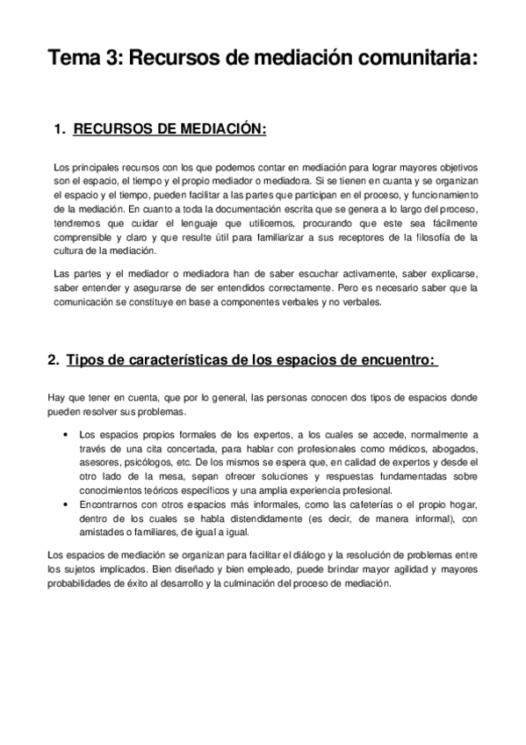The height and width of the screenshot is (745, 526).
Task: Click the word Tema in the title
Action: pyautogui.click(x=73, y=59)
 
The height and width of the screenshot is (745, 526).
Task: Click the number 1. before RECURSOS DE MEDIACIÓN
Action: pyautogui.click(x=61, y=130)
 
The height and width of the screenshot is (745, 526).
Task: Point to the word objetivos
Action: pyautogui.click(x=451, y=166)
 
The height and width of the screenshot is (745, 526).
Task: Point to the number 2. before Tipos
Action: pyautogui.click(x=54, y=360)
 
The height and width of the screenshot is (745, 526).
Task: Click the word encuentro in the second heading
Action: pyautogui.click(x=389, y=360)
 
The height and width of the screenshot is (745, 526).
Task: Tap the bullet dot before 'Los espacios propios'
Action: pyautogui.click(x=68, y=434)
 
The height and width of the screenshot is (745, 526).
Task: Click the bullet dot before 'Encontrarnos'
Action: pyautogui.click(x=68, y=503)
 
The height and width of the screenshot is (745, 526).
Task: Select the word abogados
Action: pyautogui.click(x=455, y=448)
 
